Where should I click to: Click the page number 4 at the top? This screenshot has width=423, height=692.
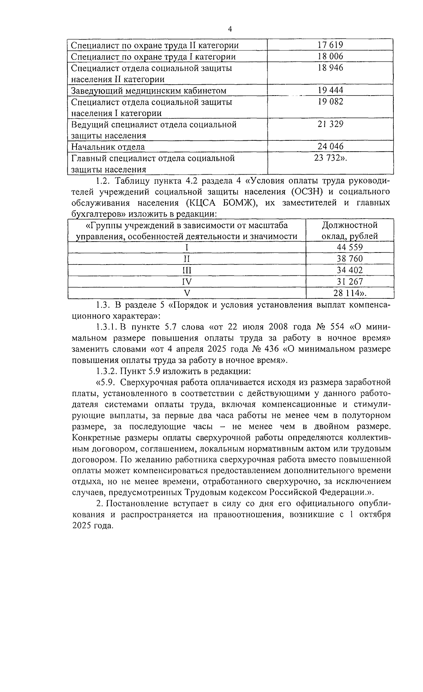point(230,30)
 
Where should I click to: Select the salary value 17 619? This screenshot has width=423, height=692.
point(330,45)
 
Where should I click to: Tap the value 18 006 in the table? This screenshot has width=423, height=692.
point(330,56)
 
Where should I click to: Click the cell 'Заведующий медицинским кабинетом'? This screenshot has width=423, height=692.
point(148,91)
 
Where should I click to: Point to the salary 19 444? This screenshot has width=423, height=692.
point(330,90)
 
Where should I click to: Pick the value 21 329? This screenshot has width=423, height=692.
point(330,124)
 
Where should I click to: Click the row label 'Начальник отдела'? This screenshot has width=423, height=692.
point(108,147)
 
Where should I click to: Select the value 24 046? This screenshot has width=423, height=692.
point(330,146)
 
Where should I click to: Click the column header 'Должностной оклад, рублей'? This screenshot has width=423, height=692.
point(349,231)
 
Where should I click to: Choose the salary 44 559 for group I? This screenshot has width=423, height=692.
point(349,247)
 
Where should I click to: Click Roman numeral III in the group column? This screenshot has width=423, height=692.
point(187,270)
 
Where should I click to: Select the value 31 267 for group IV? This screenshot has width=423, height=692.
point(349,281)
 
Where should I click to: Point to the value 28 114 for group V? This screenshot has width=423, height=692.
point(347,293)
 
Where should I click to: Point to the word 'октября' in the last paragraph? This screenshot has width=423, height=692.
point(375,514)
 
